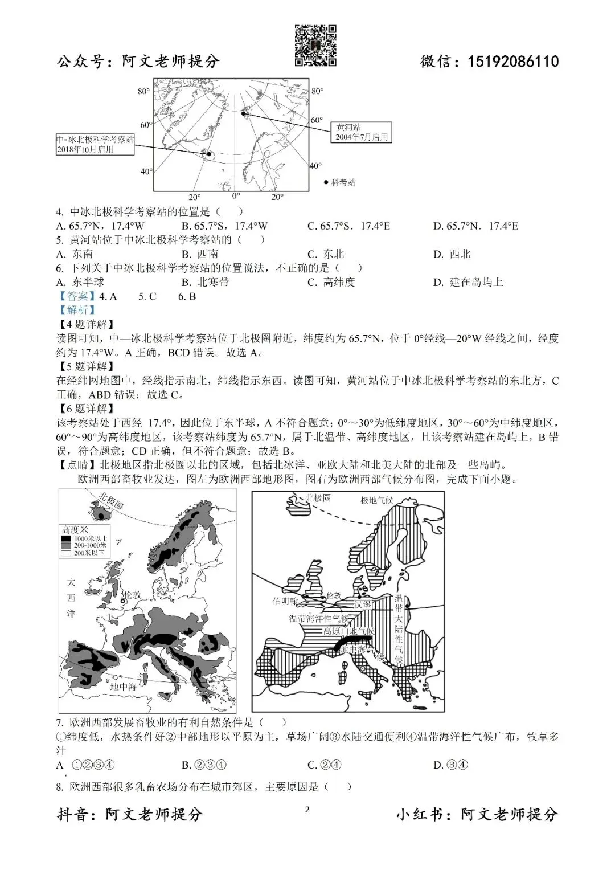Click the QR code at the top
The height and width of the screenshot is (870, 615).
tap(315, 46)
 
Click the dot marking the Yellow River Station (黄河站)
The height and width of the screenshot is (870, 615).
tap(244, 114)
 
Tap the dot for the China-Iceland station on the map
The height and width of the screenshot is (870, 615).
tap(209, 154)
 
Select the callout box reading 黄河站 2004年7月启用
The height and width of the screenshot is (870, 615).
tap(362, 132)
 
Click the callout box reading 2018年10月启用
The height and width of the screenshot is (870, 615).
tap(95, 144)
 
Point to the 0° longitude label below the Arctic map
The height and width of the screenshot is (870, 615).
tap(236, 196)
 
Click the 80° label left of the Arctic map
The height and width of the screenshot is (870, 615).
tap(143, 92)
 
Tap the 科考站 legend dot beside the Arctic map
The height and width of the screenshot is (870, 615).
tap(326, 182)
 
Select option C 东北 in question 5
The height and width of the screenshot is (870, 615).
tap(326, 254)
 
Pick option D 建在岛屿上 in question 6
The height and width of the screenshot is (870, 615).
tap(468, 282)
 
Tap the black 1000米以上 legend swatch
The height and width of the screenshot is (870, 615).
tap(67, 538)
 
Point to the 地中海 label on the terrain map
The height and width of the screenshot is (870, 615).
tap(124, 687)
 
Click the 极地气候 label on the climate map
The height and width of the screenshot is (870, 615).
tap(376, 500)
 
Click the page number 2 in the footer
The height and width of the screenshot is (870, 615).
tap(307, 810)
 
